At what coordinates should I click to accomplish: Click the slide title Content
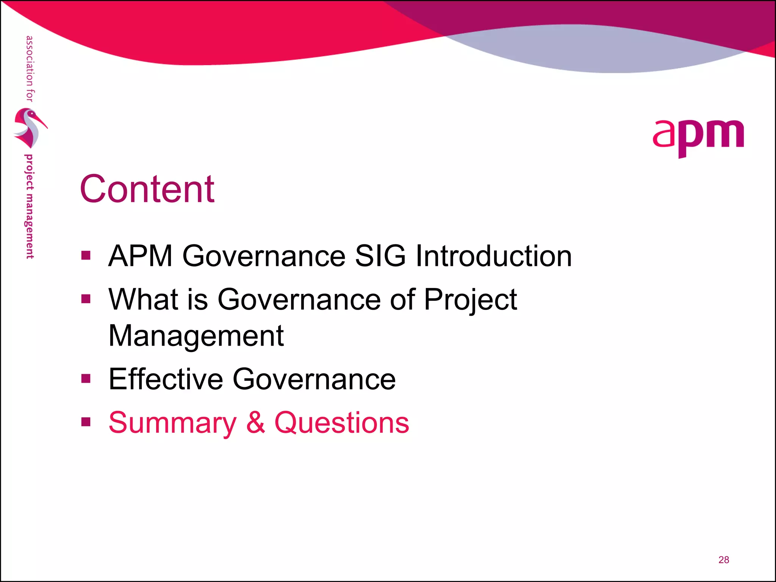coord(147,189)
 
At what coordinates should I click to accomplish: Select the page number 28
coord(723,560)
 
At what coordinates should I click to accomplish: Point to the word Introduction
coord(494,256)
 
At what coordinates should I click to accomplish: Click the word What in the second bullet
coord(143,299)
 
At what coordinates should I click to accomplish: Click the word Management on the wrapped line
coord(196,336)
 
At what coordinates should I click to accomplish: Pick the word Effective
coord(166,379)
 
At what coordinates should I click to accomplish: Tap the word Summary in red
coord(172,423)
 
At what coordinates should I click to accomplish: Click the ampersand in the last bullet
coord(255,422)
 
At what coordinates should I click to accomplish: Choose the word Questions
coord(341,423)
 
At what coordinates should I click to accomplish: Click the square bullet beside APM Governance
coord(86,255)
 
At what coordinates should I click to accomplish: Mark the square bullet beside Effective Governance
coord(86,379)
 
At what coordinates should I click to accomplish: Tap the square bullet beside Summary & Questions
coord(86,422)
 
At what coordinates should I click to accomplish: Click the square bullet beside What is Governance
coord(86,299)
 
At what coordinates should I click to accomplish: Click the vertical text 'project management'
coord(29,207)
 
